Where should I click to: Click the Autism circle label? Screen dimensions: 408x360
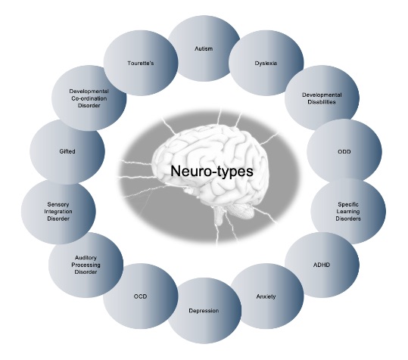point(204,48)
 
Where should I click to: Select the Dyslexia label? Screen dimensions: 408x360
point(266,64)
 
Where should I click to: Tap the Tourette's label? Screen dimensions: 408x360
point(141,64)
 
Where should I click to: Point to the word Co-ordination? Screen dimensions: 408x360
point(89,98)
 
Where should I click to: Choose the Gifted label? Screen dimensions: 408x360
point(67,151)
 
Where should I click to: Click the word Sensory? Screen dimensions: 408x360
point(58,204)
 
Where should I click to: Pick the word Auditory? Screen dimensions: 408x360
point(86,258)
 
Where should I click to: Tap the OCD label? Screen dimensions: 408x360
point(140,296)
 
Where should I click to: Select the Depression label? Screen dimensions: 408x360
point(204,311)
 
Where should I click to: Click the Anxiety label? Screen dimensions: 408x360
point(266,296)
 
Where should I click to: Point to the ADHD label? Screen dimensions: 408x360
point(322,265)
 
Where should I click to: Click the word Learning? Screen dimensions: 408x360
point(348,212)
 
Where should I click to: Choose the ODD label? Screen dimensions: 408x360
point(344,151)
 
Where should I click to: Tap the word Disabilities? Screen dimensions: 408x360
point(322,102)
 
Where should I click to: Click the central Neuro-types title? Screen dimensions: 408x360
point(212,171)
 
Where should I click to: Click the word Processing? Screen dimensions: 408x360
point(86,265)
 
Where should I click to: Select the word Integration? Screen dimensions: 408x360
point(58,212)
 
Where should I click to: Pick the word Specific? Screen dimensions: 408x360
point(348,204)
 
